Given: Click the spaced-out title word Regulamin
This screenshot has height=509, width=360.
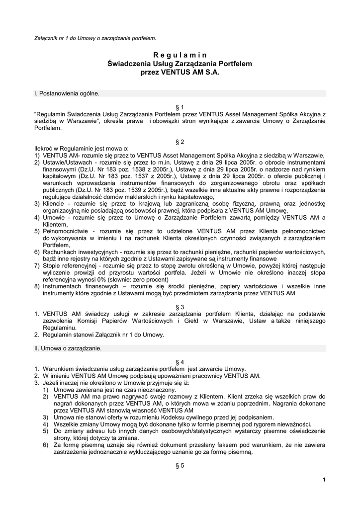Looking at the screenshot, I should (x=180, y=55).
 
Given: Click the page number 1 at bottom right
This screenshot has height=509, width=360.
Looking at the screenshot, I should (x=324, y=479).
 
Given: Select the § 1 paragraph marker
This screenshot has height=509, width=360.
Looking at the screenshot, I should (x=180, y=107).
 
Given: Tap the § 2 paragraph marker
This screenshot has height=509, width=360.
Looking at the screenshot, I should (x=180, y=142).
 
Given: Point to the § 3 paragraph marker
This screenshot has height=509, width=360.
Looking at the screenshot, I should (x=180, y=307).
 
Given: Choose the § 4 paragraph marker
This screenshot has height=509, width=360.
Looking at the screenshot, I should (x=180, y=362).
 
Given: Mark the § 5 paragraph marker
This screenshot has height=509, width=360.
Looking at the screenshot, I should (x=180, y=465).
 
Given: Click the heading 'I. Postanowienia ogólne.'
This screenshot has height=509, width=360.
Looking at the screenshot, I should (x=67, y=93).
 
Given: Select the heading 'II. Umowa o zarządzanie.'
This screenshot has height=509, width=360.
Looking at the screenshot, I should (x=68, y=348).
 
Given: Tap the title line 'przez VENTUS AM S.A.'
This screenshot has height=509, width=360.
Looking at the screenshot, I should (x=180, y=72).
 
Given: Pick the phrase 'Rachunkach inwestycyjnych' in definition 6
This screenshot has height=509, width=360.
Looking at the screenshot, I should (x=80, y=252).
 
